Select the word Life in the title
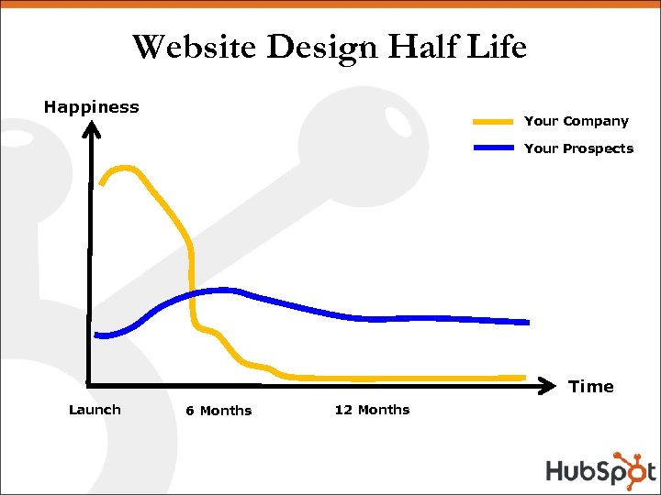(x=496, y=47)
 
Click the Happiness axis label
(x=92, y=106)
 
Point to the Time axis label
(x=591, y=387)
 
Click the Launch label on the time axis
(x=95, y=410)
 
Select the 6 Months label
(x=218, y=411)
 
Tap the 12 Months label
(x=372, y=410)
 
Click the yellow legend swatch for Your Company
(x=493, y=121)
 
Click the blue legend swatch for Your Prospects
(x=493, y=148)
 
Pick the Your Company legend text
(x=576, y=121)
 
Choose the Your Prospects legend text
(x=578, y=148)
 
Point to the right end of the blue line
(x=527, y=322)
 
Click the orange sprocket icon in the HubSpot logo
(x=631, y=465)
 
